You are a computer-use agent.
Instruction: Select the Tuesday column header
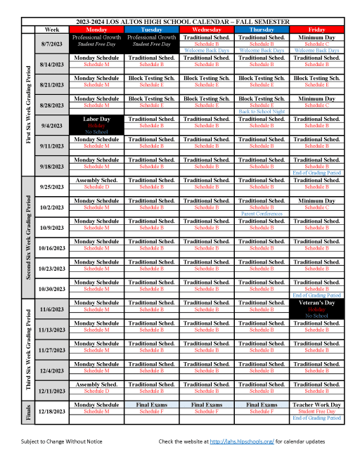(152, 30)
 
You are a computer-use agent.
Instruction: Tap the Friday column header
(316, 30)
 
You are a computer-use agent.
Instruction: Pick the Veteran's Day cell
(316, 309)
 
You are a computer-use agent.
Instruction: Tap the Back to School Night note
(262, 112)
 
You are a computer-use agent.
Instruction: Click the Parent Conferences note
(262, 214)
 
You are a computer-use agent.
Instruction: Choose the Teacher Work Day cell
(316, 405)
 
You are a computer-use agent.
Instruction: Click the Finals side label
(28, 410)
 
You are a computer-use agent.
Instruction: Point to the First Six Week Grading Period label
(28, 104)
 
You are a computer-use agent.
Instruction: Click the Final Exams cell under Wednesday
(207, 405)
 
